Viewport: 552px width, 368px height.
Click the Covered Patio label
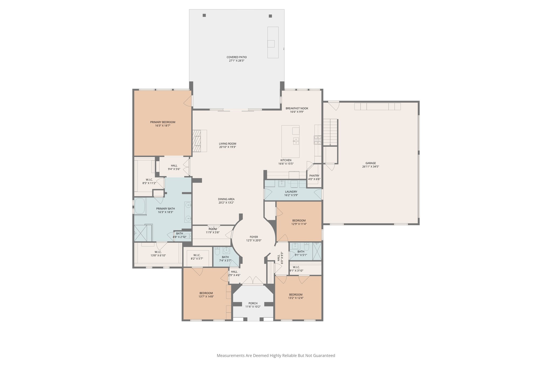(236, 57)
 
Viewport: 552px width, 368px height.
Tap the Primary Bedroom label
(163, 122)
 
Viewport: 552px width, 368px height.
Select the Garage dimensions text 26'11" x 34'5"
(371, 167)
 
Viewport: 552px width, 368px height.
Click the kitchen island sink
(296, 140)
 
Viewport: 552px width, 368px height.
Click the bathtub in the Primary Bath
(140, 206)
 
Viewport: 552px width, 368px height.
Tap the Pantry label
(314, 176)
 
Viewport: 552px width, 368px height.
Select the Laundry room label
(291, 192)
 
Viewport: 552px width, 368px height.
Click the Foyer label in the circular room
(254, 237)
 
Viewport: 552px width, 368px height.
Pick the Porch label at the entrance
(253, 303)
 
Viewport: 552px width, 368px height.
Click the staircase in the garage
(330, 132)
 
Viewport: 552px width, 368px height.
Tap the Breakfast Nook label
(297, 108)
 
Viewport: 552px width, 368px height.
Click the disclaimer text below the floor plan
(276, 356)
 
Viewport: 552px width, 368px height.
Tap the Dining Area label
(226, 199)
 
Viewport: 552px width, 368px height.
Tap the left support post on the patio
(204, 15)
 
